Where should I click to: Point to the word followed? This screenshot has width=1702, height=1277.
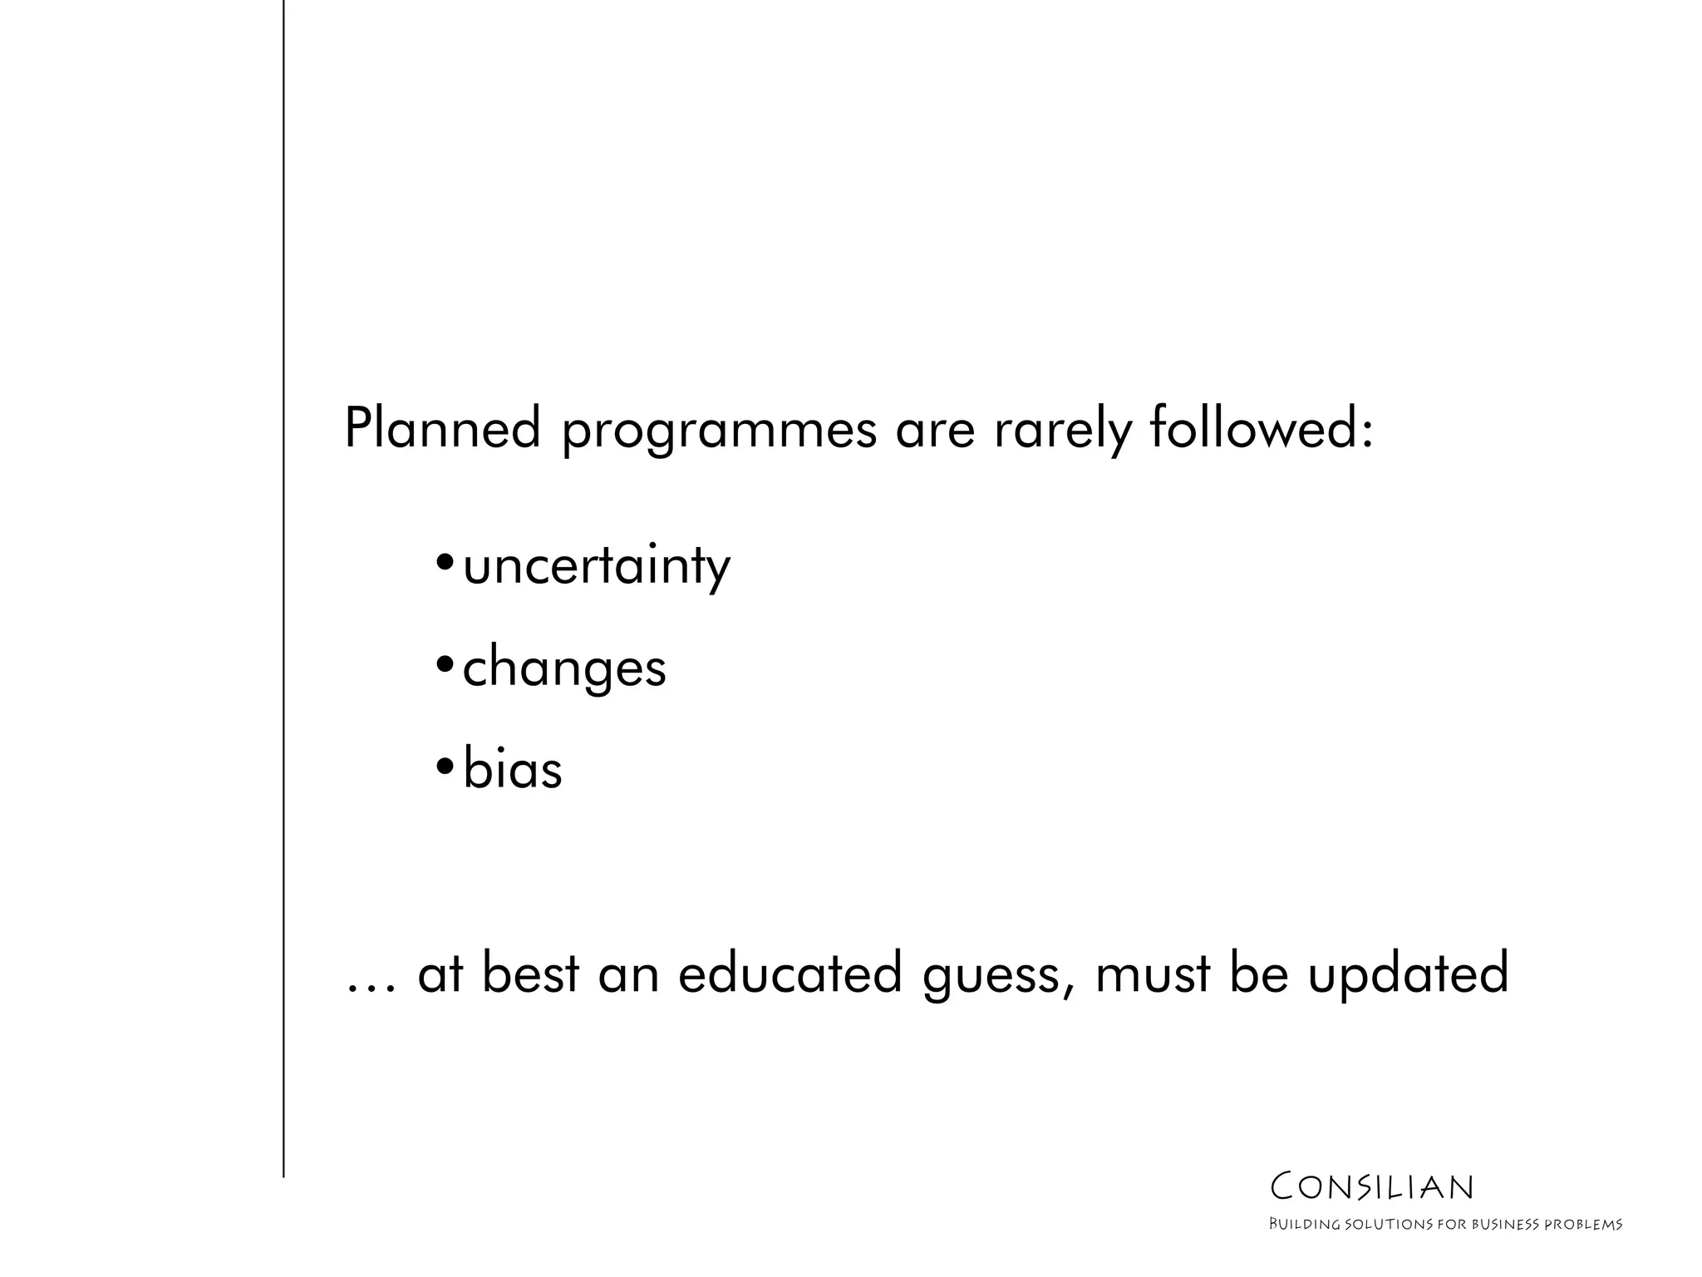point(1251,429)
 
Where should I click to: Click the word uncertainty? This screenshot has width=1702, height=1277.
point(596,568)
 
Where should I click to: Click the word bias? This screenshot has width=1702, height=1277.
point(513,768)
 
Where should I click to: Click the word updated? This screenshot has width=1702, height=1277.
point(1408,974)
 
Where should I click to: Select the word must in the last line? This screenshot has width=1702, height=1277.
point(1153,974)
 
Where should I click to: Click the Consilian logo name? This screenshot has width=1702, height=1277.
point(1372,1187)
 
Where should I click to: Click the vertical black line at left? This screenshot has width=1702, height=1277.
point(283,582)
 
